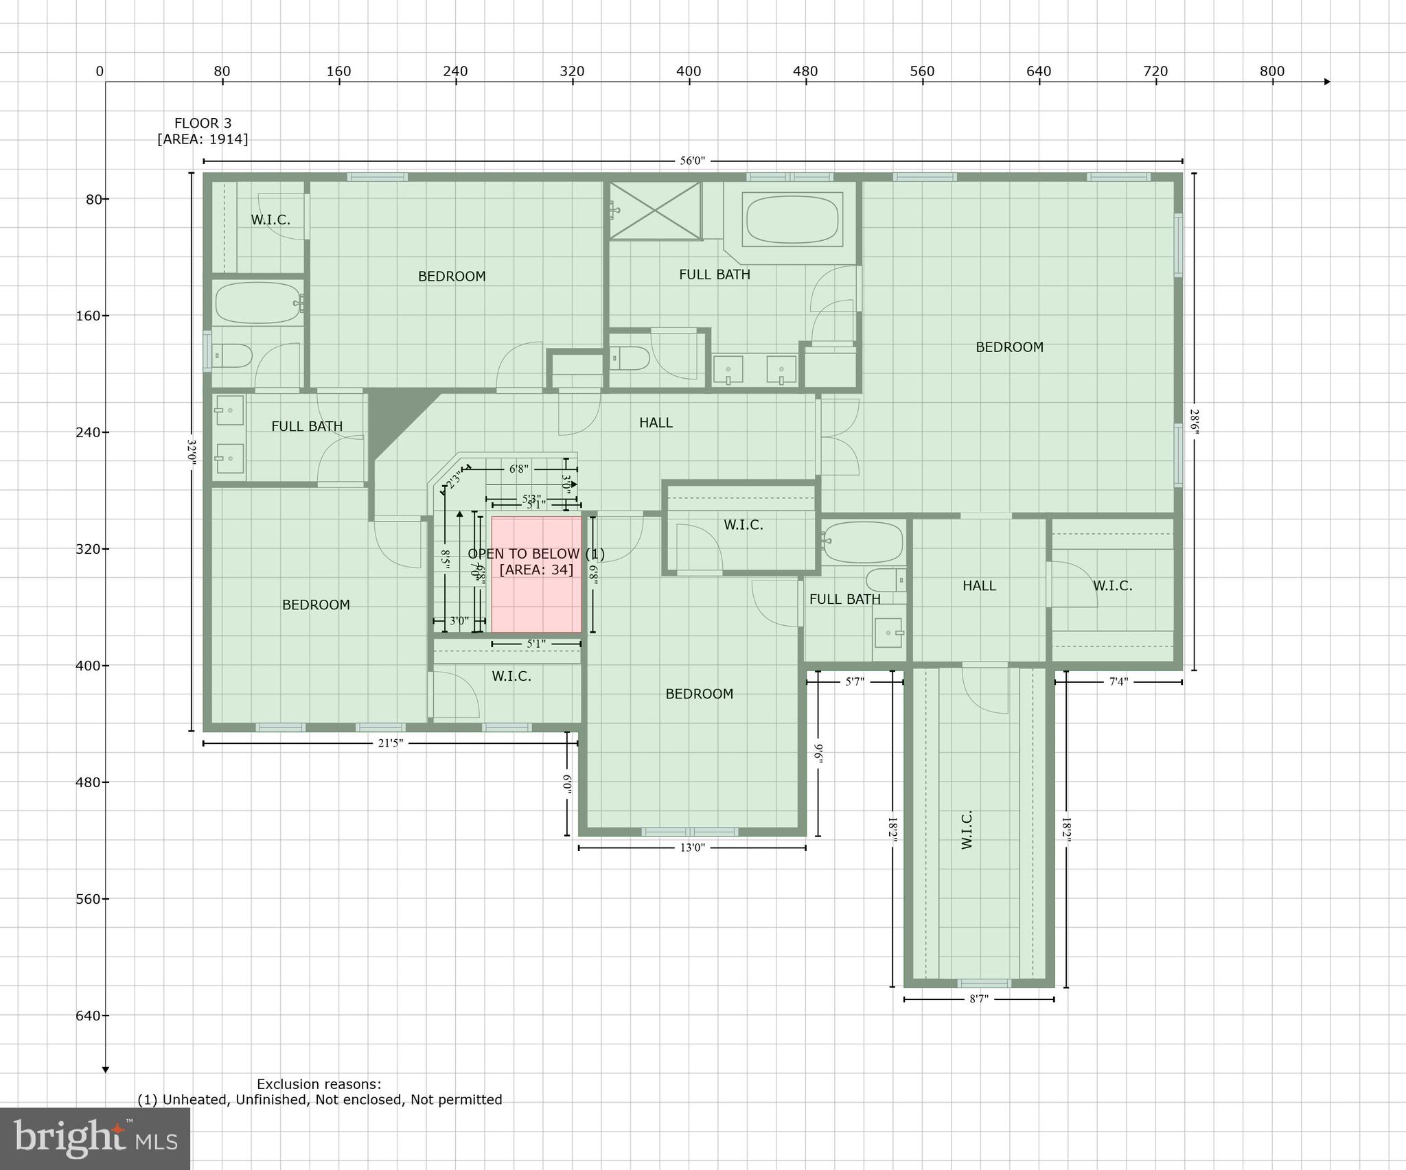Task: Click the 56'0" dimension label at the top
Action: [692, 161]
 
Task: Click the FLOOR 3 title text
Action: [203, 124]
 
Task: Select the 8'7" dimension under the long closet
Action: [978, 999]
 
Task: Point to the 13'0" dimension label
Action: [692, 847]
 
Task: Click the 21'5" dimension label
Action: [391, 742]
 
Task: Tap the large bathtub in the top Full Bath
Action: [792, 219]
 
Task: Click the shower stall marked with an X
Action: [655, 210]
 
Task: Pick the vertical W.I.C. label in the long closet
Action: [967, 829]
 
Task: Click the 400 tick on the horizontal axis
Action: [689, 71]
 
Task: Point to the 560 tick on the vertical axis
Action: [88, 899]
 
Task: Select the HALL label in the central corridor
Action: [656, 423]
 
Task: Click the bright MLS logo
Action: [95, 1138]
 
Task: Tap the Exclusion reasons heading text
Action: [319, 1084]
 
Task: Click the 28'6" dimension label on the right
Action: [1195, 422]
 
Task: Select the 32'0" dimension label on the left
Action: [192, 453]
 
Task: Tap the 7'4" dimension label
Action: [1118, 681]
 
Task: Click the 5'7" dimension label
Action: [855, 681]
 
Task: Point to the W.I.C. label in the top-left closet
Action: [270, 220]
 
